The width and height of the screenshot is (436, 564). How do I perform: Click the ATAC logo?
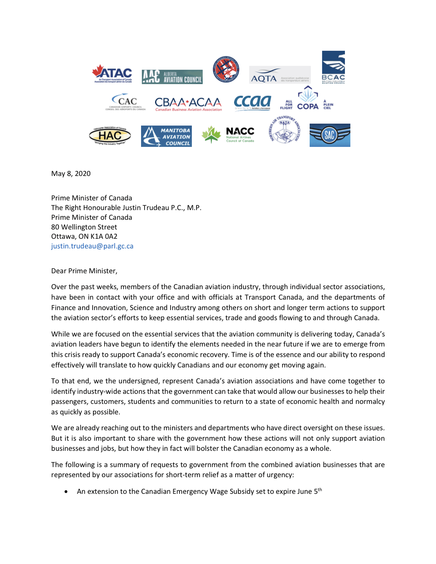[112, 73]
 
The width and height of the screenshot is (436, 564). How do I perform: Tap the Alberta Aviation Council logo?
[172, 77]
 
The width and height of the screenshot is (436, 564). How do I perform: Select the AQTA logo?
[279, 75]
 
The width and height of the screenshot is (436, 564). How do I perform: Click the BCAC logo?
[333, 67]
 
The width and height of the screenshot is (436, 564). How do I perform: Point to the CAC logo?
[125, 102]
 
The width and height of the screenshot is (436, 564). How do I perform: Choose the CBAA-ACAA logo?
[188, 103]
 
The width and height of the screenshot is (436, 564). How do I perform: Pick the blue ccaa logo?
[252, 102]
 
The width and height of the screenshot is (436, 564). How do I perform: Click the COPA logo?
[307, 99]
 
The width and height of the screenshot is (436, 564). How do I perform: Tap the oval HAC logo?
[110, 136]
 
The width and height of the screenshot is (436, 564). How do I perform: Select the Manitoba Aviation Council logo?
[166, 136]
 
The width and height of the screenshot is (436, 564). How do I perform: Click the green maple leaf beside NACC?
[211, 135]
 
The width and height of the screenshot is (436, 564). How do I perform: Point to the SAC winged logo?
[330, 135]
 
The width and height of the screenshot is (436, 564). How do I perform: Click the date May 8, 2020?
[71, 174]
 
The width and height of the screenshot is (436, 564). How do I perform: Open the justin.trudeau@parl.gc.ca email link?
[92, 246]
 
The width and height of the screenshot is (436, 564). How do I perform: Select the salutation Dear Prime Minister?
[84, 271]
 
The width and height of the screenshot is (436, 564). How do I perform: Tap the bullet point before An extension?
[67, 492]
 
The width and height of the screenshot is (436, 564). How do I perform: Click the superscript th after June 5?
[320, 490]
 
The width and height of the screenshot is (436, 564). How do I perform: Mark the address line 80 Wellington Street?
[84, 227]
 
